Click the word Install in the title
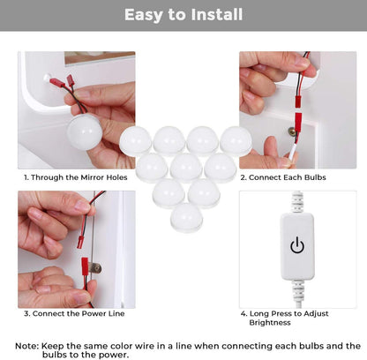(x=217, y=15)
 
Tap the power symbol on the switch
(x=297, y=245)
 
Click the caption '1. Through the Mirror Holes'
(x=76, y=177)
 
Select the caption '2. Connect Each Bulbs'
(x=283, y=177)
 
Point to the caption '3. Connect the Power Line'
(x=74, y=313)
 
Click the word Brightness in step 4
(x=270, y=323)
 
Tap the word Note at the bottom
(x=26, y=346)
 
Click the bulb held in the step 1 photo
(x=85, y=132)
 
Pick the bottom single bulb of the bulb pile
(x=186, y=217)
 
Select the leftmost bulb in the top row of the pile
(x=136, y=141)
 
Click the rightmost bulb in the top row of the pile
(x=236, y=141)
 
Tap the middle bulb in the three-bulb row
(x=186, y=168)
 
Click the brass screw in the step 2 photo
(x=292, y=131)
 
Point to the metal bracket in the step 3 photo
(x=96, y=268)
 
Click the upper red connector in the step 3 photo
(x=80, y=240)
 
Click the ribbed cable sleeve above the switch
(x=297, y=202)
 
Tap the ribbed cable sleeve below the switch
(x=297, y=290)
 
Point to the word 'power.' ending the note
(x=115, y=355)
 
